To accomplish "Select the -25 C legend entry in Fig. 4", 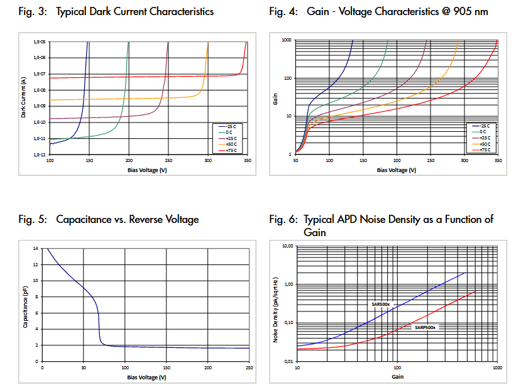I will click(x=483, y=126).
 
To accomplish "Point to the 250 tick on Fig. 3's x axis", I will click(x=168, y=160).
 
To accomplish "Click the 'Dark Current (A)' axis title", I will click(x=23, y=97).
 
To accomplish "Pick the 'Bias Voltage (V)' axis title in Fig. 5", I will click(x=146, y=377).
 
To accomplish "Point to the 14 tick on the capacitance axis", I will click(x=35, y=248).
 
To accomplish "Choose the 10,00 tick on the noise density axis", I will click(x=287, y=246).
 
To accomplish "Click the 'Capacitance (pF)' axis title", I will click(x=25, y=308).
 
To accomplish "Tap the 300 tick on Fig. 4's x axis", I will click(x=464, y=161).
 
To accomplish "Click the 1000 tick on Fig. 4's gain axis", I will click(x=287, y=40).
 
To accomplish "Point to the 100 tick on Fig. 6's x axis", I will click(x=397, y=368).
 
